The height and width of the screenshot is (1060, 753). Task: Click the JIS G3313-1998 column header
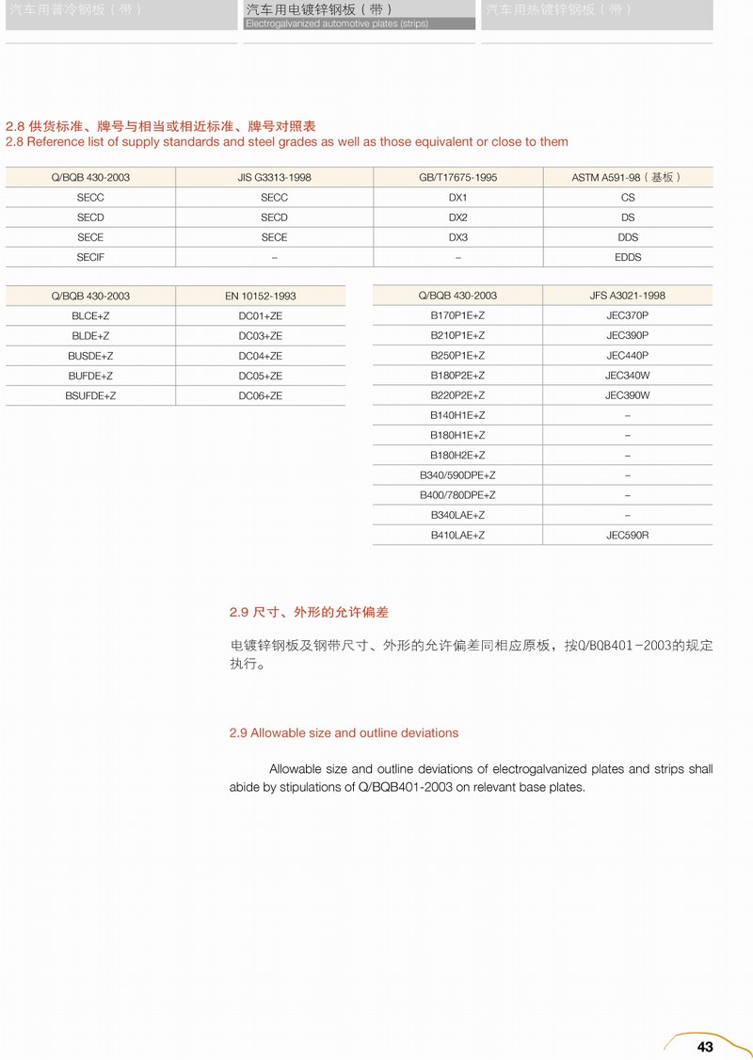[x=274, y=177]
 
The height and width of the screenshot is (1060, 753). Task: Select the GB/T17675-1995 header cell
[x=458, y=177]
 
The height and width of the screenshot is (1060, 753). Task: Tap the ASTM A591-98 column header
[x=627, y=177]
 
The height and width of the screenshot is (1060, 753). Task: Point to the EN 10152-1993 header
[x=260, y=296]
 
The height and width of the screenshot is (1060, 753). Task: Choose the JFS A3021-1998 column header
[x=627, y=296]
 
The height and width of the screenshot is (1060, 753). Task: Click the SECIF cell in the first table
[x=90, y=257]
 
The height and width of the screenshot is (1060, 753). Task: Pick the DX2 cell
[x=458, y=217]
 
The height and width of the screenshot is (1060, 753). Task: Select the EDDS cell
[x=628, y=257]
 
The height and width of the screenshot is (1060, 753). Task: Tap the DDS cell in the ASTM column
[x=628, y=237]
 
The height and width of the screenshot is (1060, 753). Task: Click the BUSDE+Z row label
[x=90, y=356]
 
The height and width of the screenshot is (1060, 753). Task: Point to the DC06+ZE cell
[x=260, y=396]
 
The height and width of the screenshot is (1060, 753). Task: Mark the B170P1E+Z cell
[x=457, y=315]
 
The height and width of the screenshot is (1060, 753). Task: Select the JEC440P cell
[x=628, y=355]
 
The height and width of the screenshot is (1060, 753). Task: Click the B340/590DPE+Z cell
[x=457, y=475]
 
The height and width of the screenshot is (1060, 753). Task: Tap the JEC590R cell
[x=628, y=535]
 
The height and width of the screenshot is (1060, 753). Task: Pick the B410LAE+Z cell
[x=457, y=535]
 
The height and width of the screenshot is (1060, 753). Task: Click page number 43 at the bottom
[x=705, y=1047]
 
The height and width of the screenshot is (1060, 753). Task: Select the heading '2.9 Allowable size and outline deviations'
[x=344, y=732]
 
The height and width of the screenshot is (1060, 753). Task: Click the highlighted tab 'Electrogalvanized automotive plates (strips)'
[x=360, y=15]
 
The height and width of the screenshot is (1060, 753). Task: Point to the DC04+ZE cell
[x=260, y=356]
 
